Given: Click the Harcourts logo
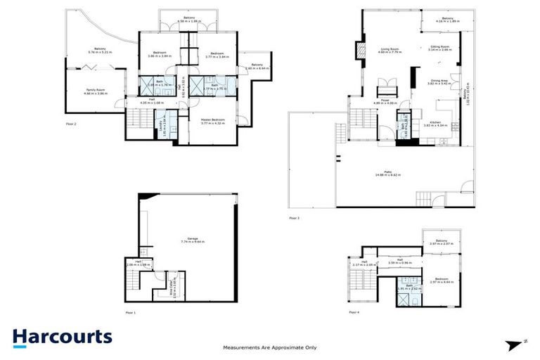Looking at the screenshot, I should [62, 337].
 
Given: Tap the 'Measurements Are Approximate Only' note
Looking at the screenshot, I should [269, 347].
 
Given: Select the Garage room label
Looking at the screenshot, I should [188, 239].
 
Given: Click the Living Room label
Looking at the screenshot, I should [390, 50].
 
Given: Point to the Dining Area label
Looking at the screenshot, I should [440, 81].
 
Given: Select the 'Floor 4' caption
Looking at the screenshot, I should [353, 311].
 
